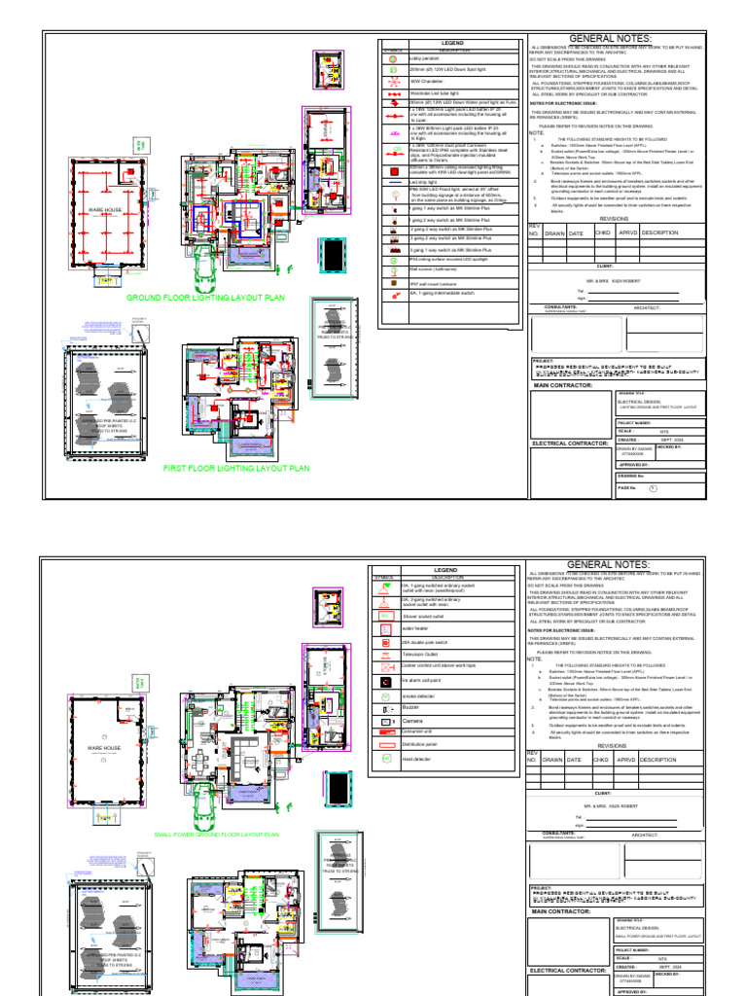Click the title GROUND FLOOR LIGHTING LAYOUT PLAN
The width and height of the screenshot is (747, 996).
(x=205, y=298)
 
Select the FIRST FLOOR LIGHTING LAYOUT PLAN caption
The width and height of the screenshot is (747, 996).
(x=236, y=468)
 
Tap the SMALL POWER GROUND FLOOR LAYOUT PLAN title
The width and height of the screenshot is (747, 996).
(x=217, y=835)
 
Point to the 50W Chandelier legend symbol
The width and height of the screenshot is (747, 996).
(x=394, y=81)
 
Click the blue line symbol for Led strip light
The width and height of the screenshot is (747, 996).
(x=394, y=182)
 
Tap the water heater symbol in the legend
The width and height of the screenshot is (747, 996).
(x=382, y=628)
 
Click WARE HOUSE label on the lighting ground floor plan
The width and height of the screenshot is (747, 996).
(x=105, y=209)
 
